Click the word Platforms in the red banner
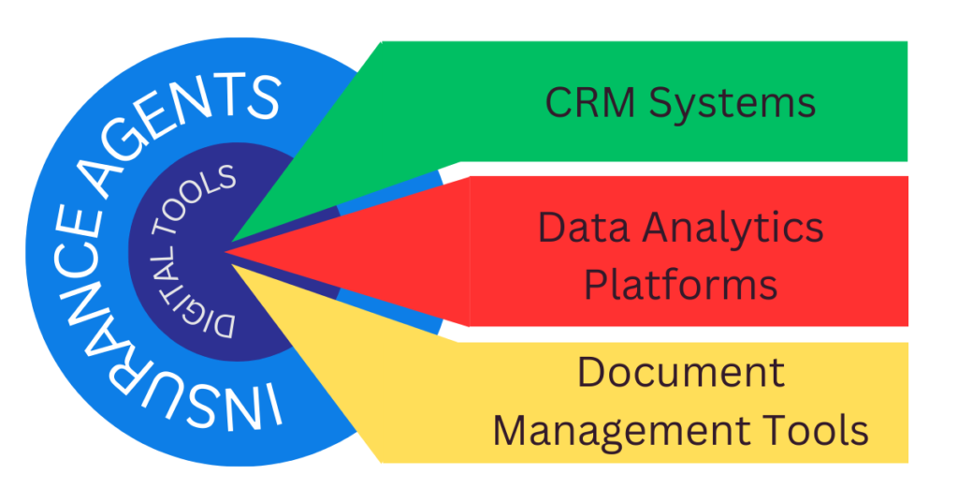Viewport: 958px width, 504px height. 680,284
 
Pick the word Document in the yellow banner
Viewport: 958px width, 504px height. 680,372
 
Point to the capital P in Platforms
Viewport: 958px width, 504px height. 597,284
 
